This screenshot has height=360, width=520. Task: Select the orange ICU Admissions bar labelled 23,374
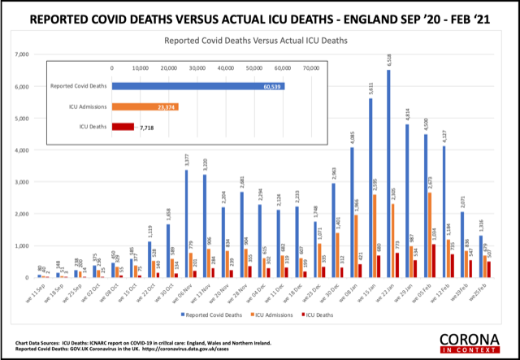click(145, 106)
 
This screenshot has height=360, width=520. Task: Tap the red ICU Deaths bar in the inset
click(123, 127)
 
